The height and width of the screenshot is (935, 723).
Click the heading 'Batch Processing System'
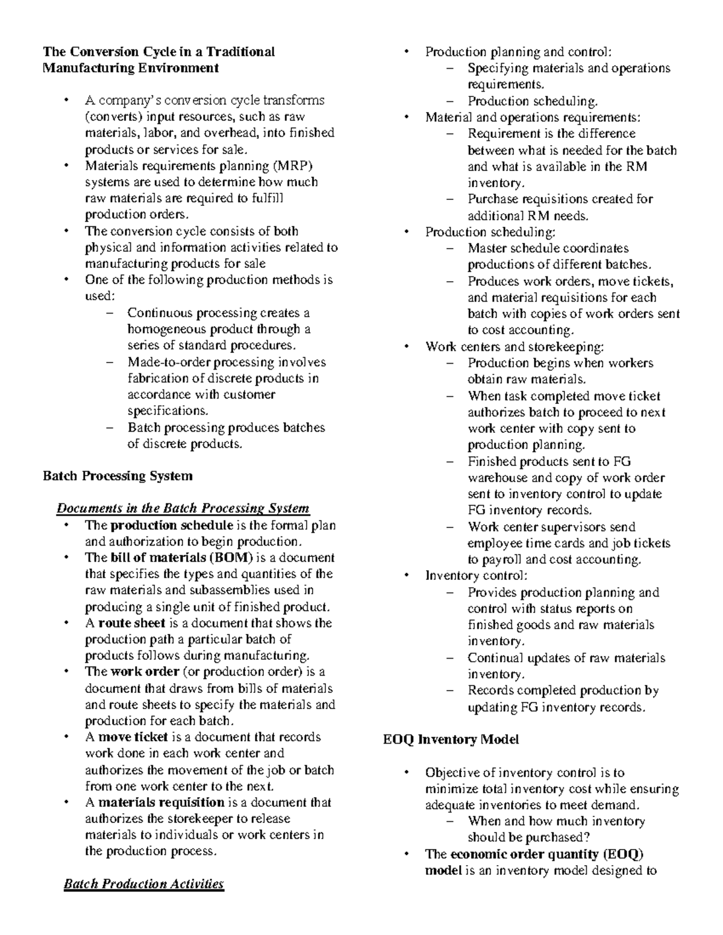[117, 476]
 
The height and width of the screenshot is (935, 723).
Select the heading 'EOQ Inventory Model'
[451, 739]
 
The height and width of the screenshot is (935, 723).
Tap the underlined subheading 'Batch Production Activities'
[143, 884]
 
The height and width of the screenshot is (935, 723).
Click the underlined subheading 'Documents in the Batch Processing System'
[183, 509]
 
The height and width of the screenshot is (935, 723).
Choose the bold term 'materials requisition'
[161, 803]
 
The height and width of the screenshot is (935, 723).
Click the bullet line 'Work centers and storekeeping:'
[515, 347]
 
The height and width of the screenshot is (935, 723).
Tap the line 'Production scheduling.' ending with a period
[533, 101]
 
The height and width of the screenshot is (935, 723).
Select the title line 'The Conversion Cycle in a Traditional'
[158, 52]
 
